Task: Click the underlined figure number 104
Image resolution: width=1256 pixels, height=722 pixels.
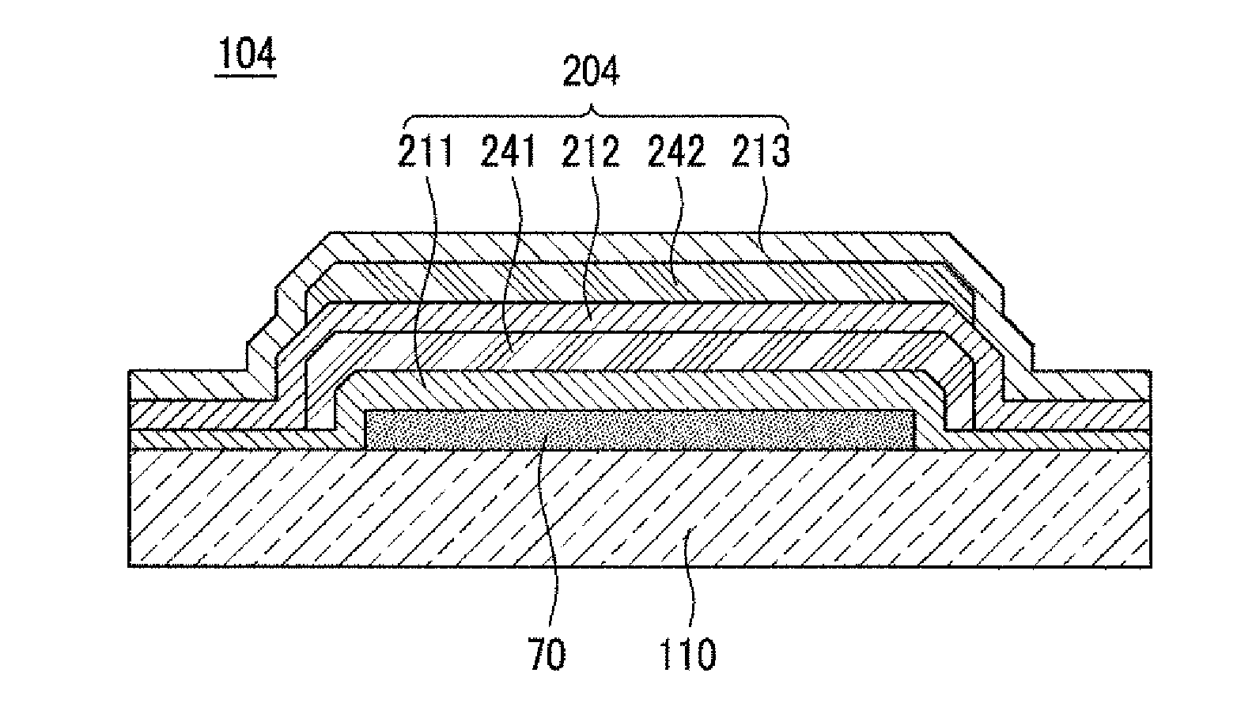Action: [x=246, y=55]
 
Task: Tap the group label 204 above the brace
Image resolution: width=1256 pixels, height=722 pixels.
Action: [x=591, y=73]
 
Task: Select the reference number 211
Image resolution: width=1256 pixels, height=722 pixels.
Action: [x=426, y=152]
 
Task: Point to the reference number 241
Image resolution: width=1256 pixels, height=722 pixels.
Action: [x=509, y=152]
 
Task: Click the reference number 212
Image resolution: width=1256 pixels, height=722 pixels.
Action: [x=591, y=152]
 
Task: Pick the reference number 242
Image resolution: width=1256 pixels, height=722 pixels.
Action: [x=676, y=152]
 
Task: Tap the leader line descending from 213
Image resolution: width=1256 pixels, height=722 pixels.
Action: [x=762, y=214]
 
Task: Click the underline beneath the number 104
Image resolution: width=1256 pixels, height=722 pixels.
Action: [x=246, y=75]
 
